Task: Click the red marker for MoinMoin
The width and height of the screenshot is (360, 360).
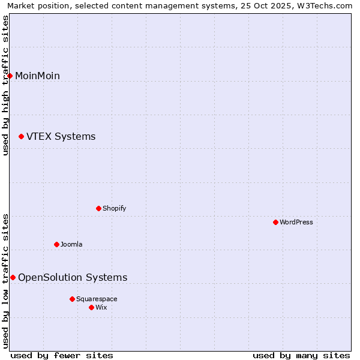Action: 10,76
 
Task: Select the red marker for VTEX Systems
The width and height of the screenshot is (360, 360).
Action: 22,137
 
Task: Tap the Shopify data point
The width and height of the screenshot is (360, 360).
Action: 99,208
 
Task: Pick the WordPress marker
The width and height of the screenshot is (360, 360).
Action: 276,222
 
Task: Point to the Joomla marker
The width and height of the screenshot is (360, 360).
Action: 57,244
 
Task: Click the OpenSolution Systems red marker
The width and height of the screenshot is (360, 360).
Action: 13,277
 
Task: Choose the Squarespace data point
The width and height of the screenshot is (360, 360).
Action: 73,299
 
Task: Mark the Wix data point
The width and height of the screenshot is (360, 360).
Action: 92,307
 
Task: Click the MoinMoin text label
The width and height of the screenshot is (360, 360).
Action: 37,76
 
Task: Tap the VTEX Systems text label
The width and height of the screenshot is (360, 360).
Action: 61,137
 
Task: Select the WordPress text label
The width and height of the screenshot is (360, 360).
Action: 296,222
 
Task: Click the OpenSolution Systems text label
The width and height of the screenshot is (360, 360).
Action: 73,277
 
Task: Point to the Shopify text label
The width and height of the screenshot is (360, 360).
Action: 114,208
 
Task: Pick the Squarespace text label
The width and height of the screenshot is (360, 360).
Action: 97,299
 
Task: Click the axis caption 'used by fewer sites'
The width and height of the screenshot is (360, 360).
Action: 62,355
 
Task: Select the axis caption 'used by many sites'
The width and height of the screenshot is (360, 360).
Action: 301,355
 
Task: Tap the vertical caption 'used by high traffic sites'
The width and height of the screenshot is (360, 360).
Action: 6,85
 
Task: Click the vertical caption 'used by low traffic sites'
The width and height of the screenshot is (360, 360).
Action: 6,281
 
